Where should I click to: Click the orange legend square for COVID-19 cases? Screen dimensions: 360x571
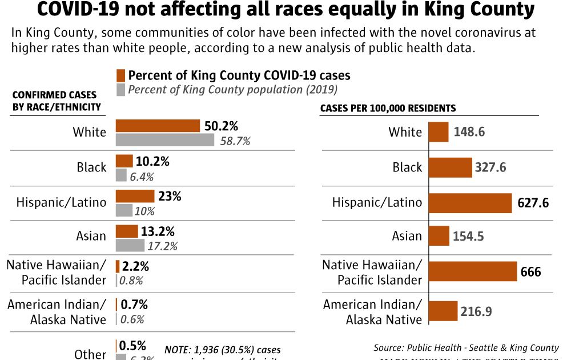point(120,75)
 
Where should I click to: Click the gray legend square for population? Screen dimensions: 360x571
point(120,90)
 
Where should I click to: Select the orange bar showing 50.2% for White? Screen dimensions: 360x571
point(158,126)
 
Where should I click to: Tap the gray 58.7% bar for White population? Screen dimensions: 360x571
point(165,141)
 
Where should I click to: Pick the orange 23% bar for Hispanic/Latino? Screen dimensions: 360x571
point(135,196)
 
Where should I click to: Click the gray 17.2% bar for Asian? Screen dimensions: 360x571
point(130,246)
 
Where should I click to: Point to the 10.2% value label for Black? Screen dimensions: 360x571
point(152,162)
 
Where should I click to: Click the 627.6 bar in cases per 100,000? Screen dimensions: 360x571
point(470,202)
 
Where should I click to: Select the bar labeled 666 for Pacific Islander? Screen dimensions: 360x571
point(472,271)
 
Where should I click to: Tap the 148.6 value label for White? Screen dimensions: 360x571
point(469,132)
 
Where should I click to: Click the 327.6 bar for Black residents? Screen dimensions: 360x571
point(450,167)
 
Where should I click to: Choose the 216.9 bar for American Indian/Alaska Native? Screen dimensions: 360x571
point(443,311)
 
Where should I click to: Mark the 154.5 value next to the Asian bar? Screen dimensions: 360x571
point(469,236)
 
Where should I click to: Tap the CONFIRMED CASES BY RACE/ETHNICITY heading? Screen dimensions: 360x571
point(56,101)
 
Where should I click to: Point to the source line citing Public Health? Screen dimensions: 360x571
point(466,347)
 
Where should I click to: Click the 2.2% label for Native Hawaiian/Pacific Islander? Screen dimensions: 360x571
point(135,266)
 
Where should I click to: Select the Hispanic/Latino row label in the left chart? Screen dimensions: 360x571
point(61,202)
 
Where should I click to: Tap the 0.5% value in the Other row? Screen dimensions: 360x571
point(132,346)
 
